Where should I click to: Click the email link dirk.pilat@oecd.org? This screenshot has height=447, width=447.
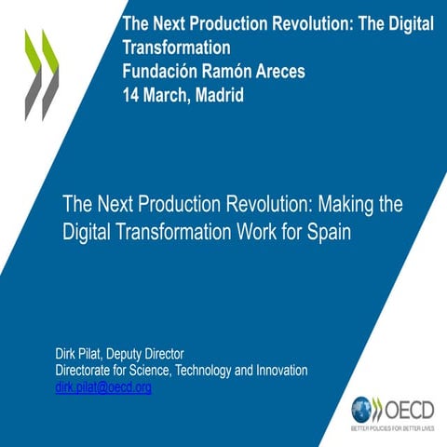[x=103, y=387]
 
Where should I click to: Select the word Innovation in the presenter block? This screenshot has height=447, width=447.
[x=277, y=371]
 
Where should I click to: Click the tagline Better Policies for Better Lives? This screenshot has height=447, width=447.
[x=392, y=429]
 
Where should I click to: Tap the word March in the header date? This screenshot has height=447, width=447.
[x=169, y=94]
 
